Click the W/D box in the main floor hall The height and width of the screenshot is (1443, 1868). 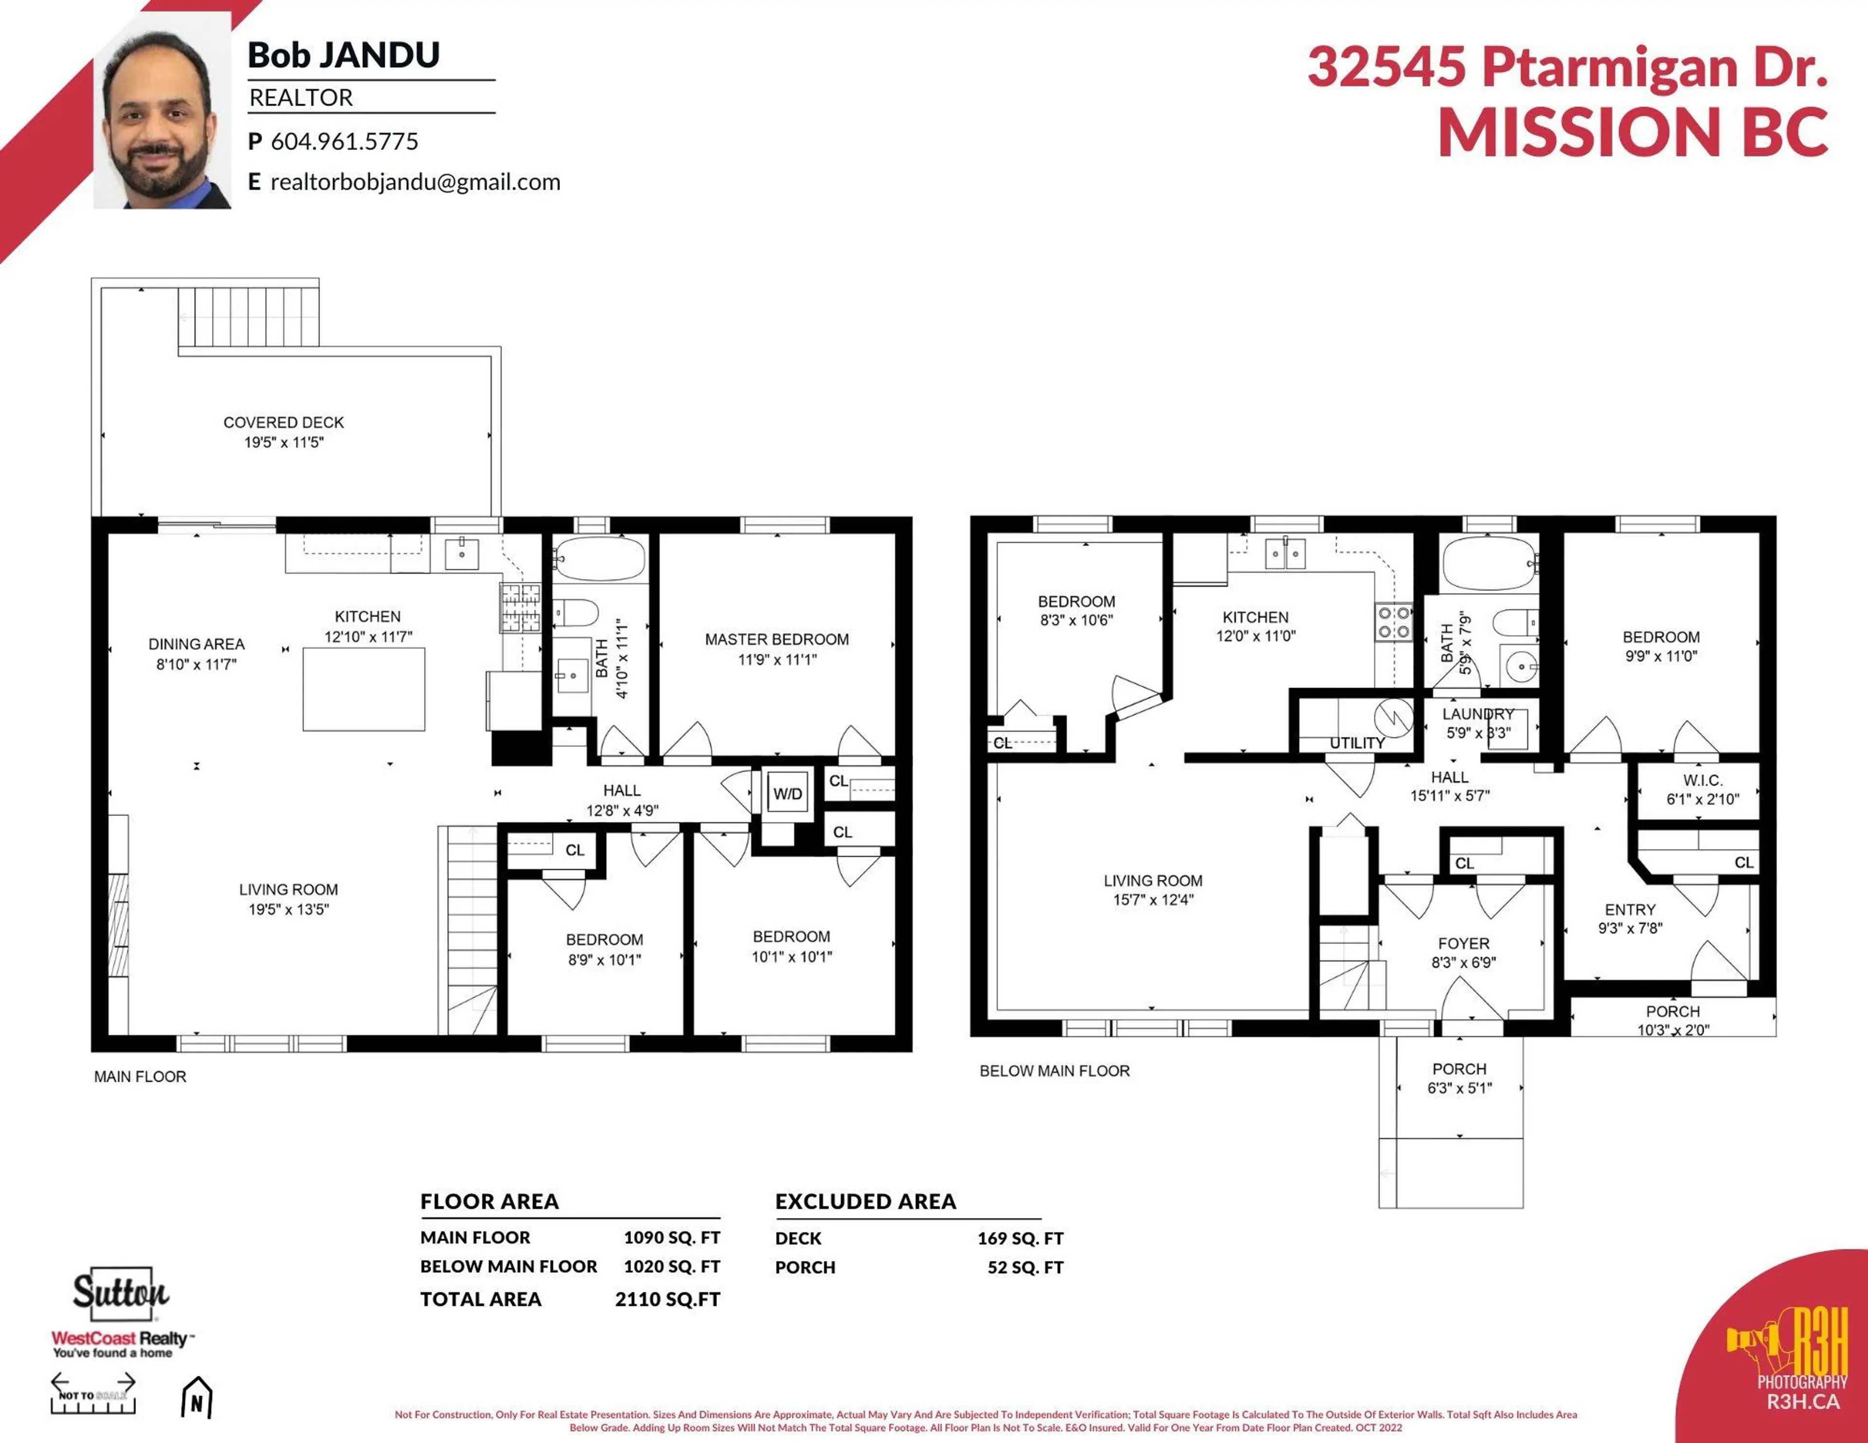pyautogui.click(x=787, y=794)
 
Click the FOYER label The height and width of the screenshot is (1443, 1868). pyautogui.click(x=1463, y=943)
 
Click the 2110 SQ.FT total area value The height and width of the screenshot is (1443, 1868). pyautogui.click(x=667, y=1299)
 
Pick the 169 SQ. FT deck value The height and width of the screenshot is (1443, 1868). pyautogui.click(x=1021, y=1239)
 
